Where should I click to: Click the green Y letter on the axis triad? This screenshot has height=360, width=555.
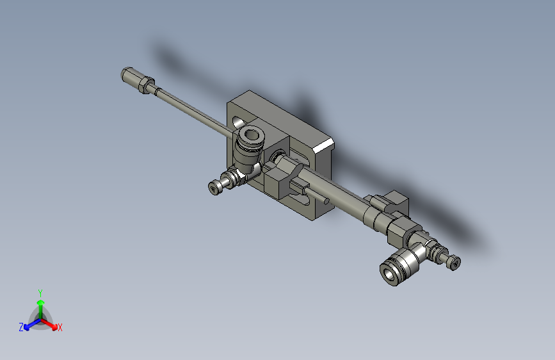coord(40,291)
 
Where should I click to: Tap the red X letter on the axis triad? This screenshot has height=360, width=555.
coord(60,328)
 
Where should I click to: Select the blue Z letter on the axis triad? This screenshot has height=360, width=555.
coord(21,327)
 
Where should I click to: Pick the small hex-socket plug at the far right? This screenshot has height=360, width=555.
coord(454,262)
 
